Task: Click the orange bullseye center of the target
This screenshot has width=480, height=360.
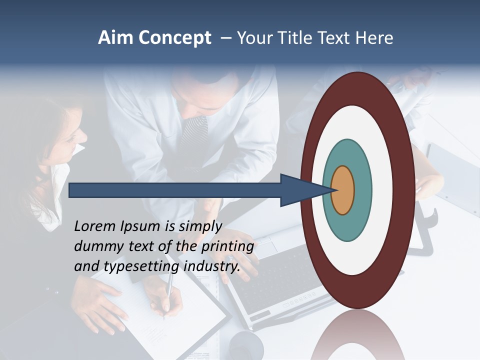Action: [342, 190]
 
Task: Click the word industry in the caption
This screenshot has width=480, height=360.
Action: [212, 266]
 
